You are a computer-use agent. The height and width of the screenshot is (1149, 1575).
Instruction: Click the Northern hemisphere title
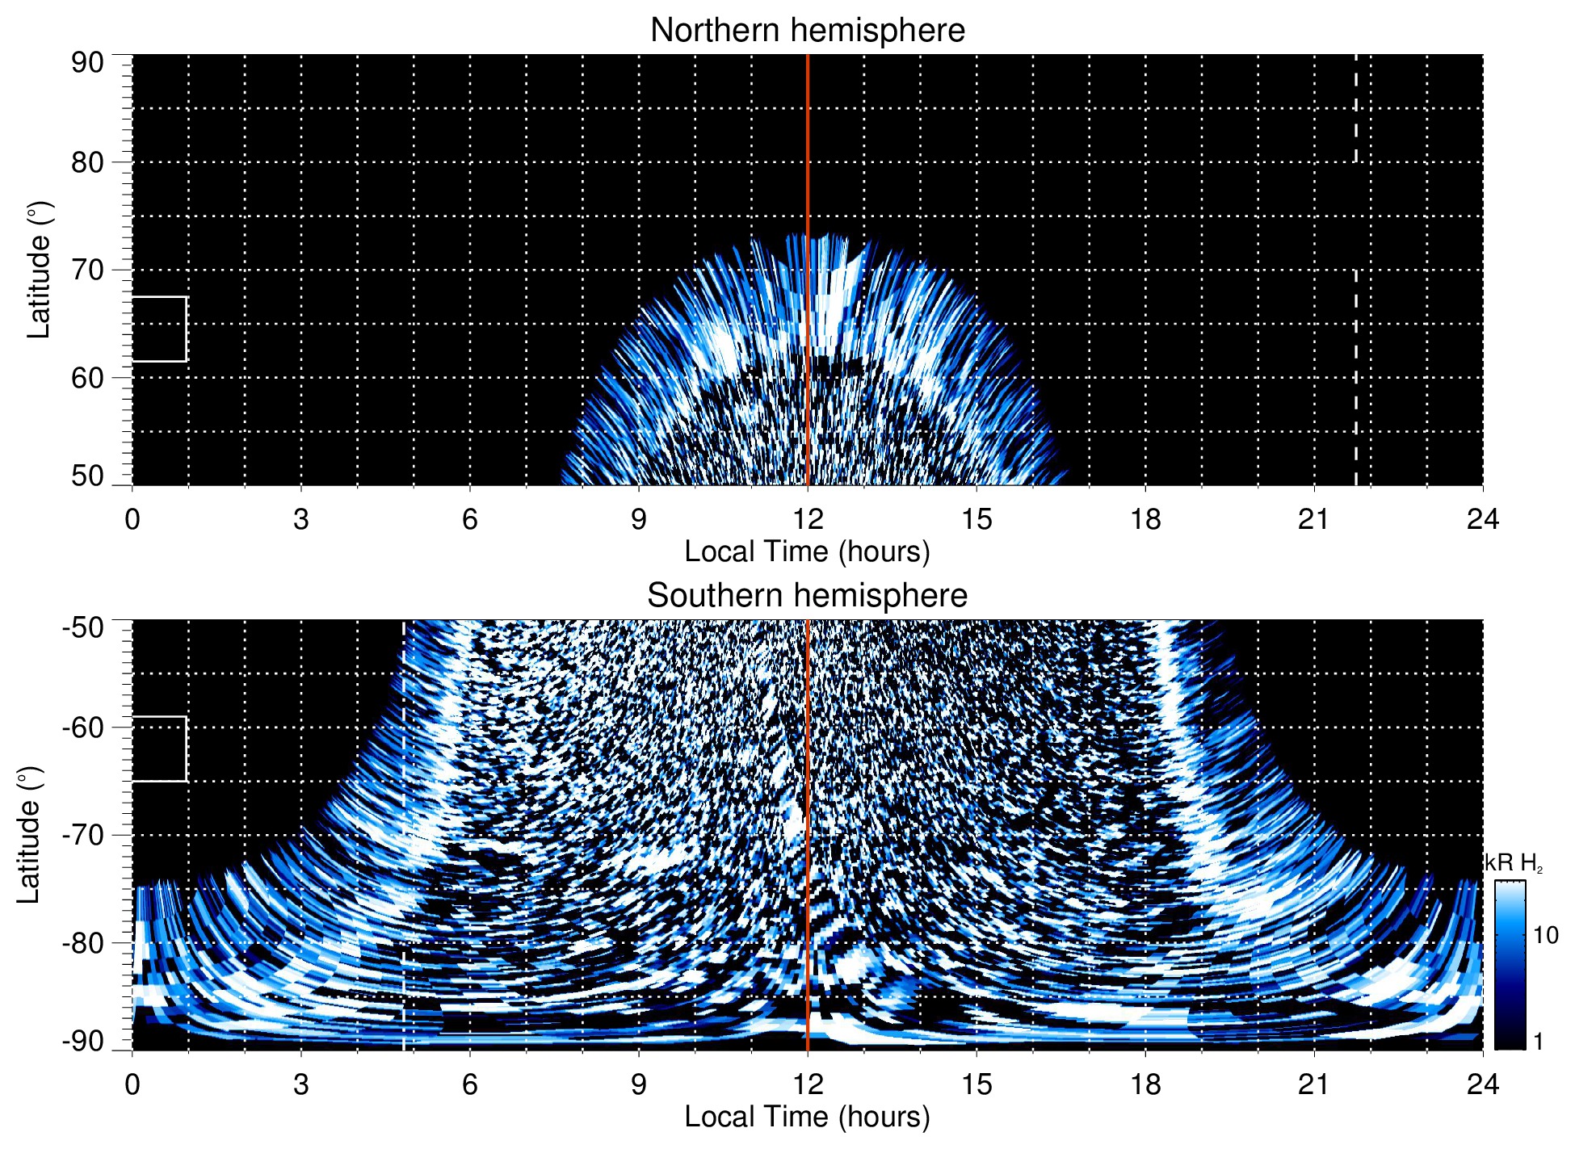(x=807, y=31)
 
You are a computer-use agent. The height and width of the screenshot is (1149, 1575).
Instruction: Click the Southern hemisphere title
(x=807, y=596)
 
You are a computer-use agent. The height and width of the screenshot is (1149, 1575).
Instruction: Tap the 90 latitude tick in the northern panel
(x=87, y=63)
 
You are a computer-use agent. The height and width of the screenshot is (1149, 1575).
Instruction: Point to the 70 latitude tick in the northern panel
(x=87, y=270)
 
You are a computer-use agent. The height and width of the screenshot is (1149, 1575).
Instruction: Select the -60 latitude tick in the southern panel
(x=82, y=728)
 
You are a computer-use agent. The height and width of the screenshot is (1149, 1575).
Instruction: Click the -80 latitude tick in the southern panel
(x=82, y=942)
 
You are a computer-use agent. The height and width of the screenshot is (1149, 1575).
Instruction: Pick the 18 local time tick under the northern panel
(x=1144, y=519)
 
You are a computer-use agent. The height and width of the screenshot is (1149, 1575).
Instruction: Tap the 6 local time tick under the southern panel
(x=469, y=1084)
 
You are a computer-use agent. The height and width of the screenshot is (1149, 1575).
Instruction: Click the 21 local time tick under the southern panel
(x=1313, y=1084)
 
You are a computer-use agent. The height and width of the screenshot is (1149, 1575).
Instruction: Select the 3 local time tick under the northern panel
(x=300, y=519)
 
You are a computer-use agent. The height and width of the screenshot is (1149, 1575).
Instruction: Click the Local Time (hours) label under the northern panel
(x=807, y=552)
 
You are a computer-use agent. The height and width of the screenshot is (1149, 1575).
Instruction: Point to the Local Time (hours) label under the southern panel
(x=807, y=1118)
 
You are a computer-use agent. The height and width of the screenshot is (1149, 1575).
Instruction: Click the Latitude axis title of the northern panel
(x=39, y=270)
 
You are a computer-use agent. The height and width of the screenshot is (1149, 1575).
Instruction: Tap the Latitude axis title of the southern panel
(x=29, y=835)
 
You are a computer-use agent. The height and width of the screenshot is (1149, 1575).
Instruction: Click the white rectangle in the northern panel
(x=159, y=329)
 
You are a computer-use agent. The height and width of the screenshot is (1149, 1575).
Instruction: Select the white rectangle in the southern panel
(x=159, y=749)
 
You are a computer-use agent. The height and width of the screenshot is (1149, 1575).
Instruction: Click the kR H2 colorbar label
(x=1514, y=863)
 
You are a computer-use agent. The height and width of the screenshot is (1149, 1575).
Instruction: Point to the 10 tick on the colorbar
(x=1545, y=936)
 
